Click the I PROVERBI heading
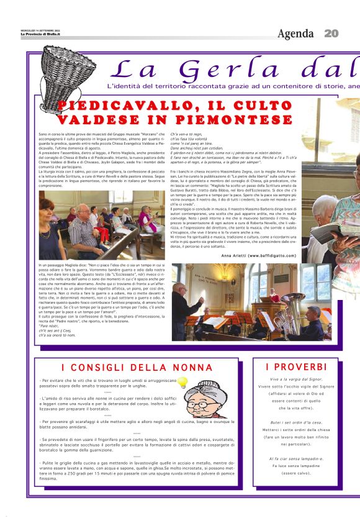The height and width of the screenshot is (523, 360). point(296,367)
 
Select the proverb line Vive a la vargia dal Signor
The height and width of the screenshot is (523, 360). point(296,379)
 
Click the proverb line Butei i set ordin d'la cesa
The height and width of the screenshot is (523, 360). point(296,422)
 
